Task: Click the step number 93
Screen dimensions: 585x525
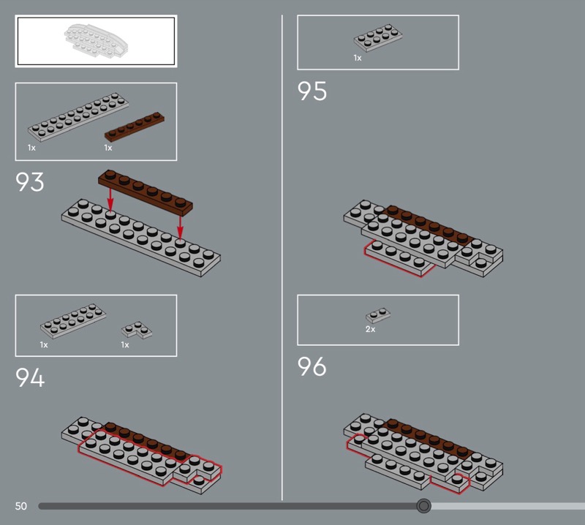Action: pos(29,182)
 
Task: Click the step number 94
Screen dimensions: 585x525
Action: pos(30,377)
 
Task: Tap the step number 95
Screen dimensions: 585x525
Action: pos(312,91)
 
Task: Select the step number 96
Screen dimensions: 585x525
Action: pos(312,366)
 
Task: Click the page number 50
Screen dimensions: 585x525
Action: pos(21,506)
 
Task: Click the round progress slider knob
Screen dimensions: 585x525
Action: pos(423,505)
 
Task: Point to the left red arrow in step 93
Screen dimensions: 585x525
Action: pos(110,200)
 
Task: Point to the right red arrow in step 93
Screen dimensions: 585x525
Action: pos(180,227)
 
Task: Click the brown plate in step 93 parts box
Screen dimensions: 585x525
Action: pos(135,126)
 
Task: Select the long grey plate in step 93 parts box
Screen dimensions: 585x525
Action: pos(78,116)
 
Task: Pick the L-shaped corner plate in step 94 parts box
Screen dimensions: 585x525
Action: pos(137,330)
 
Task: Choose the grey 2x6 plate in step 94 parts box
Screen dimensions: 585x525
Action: pos(73,320)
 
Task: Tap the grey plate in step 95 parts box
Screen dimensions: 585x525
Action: pos(378,37)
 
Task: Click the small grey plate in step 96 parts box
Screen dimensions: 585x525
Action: pos(378,315)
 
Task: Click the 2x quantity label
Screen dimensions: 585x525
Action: pos(370,329)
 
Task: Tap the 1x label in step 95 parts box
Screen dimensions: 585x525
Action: pos(358,58)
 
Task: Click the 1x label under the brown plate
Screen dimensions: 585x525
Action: pos(107,148)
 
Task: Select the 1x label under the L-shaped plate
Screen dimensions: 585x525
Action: pos(124,345)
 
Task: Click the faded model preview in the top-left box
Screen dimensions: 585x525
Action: pos(96,41)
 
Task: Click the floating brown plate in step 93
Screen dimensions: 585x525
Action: pos(146,193)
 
